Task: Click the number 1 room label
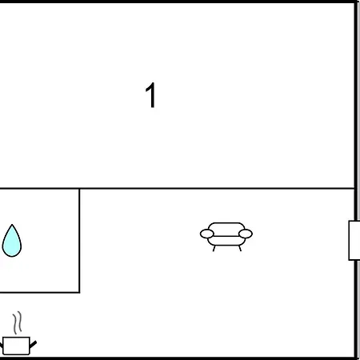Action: (151, 95)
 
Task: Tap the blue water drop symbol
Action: (12, 241)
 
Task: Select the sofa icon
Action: (226, 237)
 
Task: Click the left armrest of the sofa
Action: (207, 234)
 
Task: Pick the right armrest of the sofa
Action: (246, 234)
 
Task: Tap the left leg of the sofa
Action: (214, 248)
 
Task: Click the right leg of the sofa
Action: (240, 248)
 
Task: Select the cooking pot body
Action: (16, 346)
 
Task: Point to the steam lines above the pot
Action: (18, 322)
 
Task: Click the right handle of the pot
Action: (33, 344)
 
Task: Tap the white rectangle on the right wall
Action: (354, 240)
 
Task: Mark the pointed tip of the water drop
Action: (12, 225)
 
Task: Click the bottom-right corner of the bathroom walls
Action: (79, 292)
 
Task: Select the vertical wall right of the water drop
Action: (79, 241)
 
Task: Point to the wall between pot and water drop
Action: (40, 292)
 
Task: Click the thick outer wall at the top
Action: (178, 2)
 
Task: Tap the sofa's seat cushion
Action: (226, 241)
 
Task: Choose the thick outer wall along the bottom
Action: (178, 358)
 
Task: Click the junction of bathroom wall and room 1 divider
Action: (79, 189)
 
